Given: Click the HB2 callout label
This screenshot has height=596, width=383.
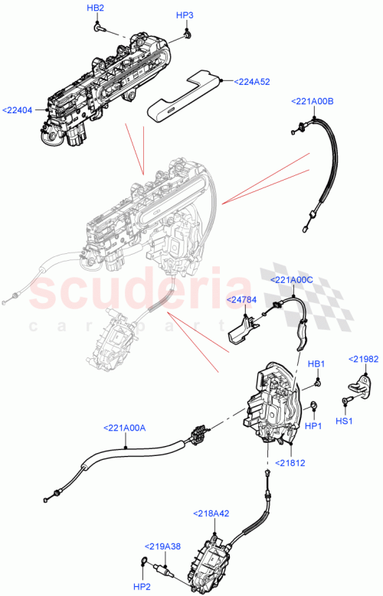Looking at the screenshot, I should coord(96,8).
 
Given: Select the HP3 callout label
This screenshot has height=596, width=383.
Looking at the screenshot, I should coord(185,15).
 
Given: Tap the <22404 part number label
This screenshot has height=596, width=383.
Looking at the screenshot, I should coord(18,110).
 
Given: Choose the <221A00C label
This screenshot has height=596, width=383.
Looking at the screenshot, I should coord(291,280).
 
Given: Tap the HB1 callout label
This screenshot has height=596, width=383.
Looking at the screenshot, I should coord(317,364).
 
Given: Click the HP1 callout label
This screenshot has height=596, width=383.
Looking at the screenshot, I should coord(313,424).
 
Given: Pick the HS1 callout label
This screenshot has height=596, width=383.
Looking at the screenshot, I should coord(344,421).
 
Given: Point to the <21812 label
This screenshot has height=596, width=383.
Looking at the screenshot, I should coord(286,463).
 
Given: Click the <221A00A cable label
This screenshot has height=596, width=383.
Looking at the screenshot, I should coord(124,428).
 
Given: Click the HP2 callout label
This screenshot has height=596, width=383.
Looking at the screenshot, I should coord(143,586).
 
